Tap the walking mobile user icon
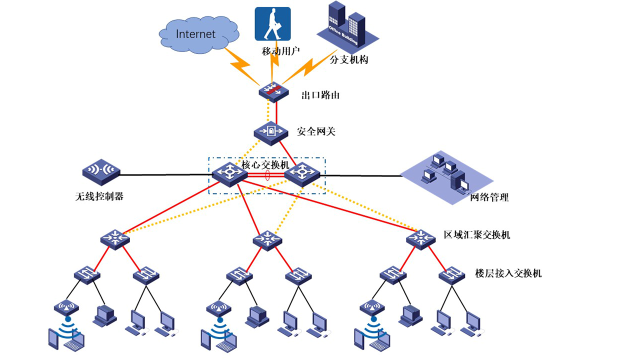pos(272,24)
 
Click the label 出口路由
pos(320,95)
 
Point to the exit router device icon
pos(272,91)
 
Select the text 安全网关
pos(316,132)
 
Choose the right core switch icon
pos(301,174)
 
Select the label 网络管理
pos(489,197)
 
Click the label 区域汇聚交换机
pos(477,235)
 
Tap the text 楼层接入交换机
pos(508,273)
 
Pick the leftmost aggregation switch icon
pos(115,238)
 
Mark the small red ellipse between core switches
pos(268,175)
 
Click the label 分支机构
pos(349,59)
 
